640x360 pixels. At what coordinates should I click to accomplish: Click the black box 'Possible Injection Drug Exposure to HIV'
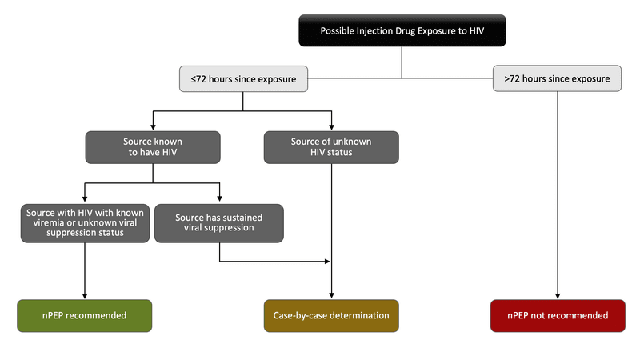tap(402, 31)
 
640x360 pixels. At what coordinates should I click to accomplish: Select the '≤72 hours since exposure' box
tap(242, 78)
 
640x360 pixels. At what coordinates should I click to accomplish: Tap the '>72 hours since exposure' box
tap(557, 78)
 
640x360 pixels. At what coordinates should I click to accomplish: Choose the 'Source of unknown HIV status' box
tap(331, 148)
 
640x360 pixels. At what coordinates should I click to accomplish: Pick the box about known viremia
tap(85, 222)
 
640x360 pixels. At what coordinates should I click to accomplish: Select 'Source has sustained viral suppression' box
tap(219, 222)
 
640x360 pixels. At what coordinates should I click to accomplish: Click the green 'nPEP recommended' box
tap(85, 315)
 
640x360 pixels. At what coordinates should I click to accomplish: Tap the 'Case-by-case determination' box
tap(331, 315)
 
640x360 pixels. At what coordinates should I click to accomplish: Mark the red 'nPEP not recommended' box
tap(557, 315)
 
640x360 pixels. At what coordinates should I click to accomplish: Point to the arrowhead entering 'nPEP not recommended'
tap(557, 295)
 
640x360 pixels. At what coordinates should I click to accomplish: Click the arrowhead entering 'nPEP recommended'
tap(85, 295)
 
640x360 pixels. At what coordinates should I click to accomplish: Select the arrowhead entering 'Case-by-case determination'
tap(331, 295)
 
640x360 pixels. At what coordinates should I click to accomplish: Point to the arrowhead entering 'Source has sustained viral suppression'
tap(219, 200)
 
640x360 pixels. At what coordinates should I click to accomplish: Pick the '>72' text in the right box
tap(512, 78)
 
